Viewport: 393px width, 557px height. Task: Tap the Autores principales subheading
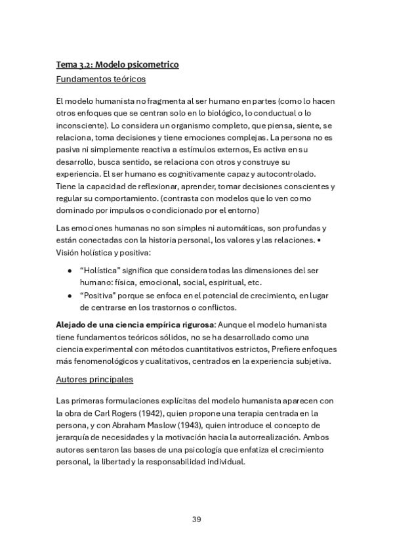(x=94, y=379)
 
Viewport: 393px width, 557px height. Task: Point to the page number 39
(x=196, y=519)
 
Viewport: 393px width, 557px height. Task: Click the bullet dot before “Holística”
(x=70, y=271)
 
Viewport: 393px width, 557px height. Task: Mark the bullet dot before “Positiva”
(x=70, y=296)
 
